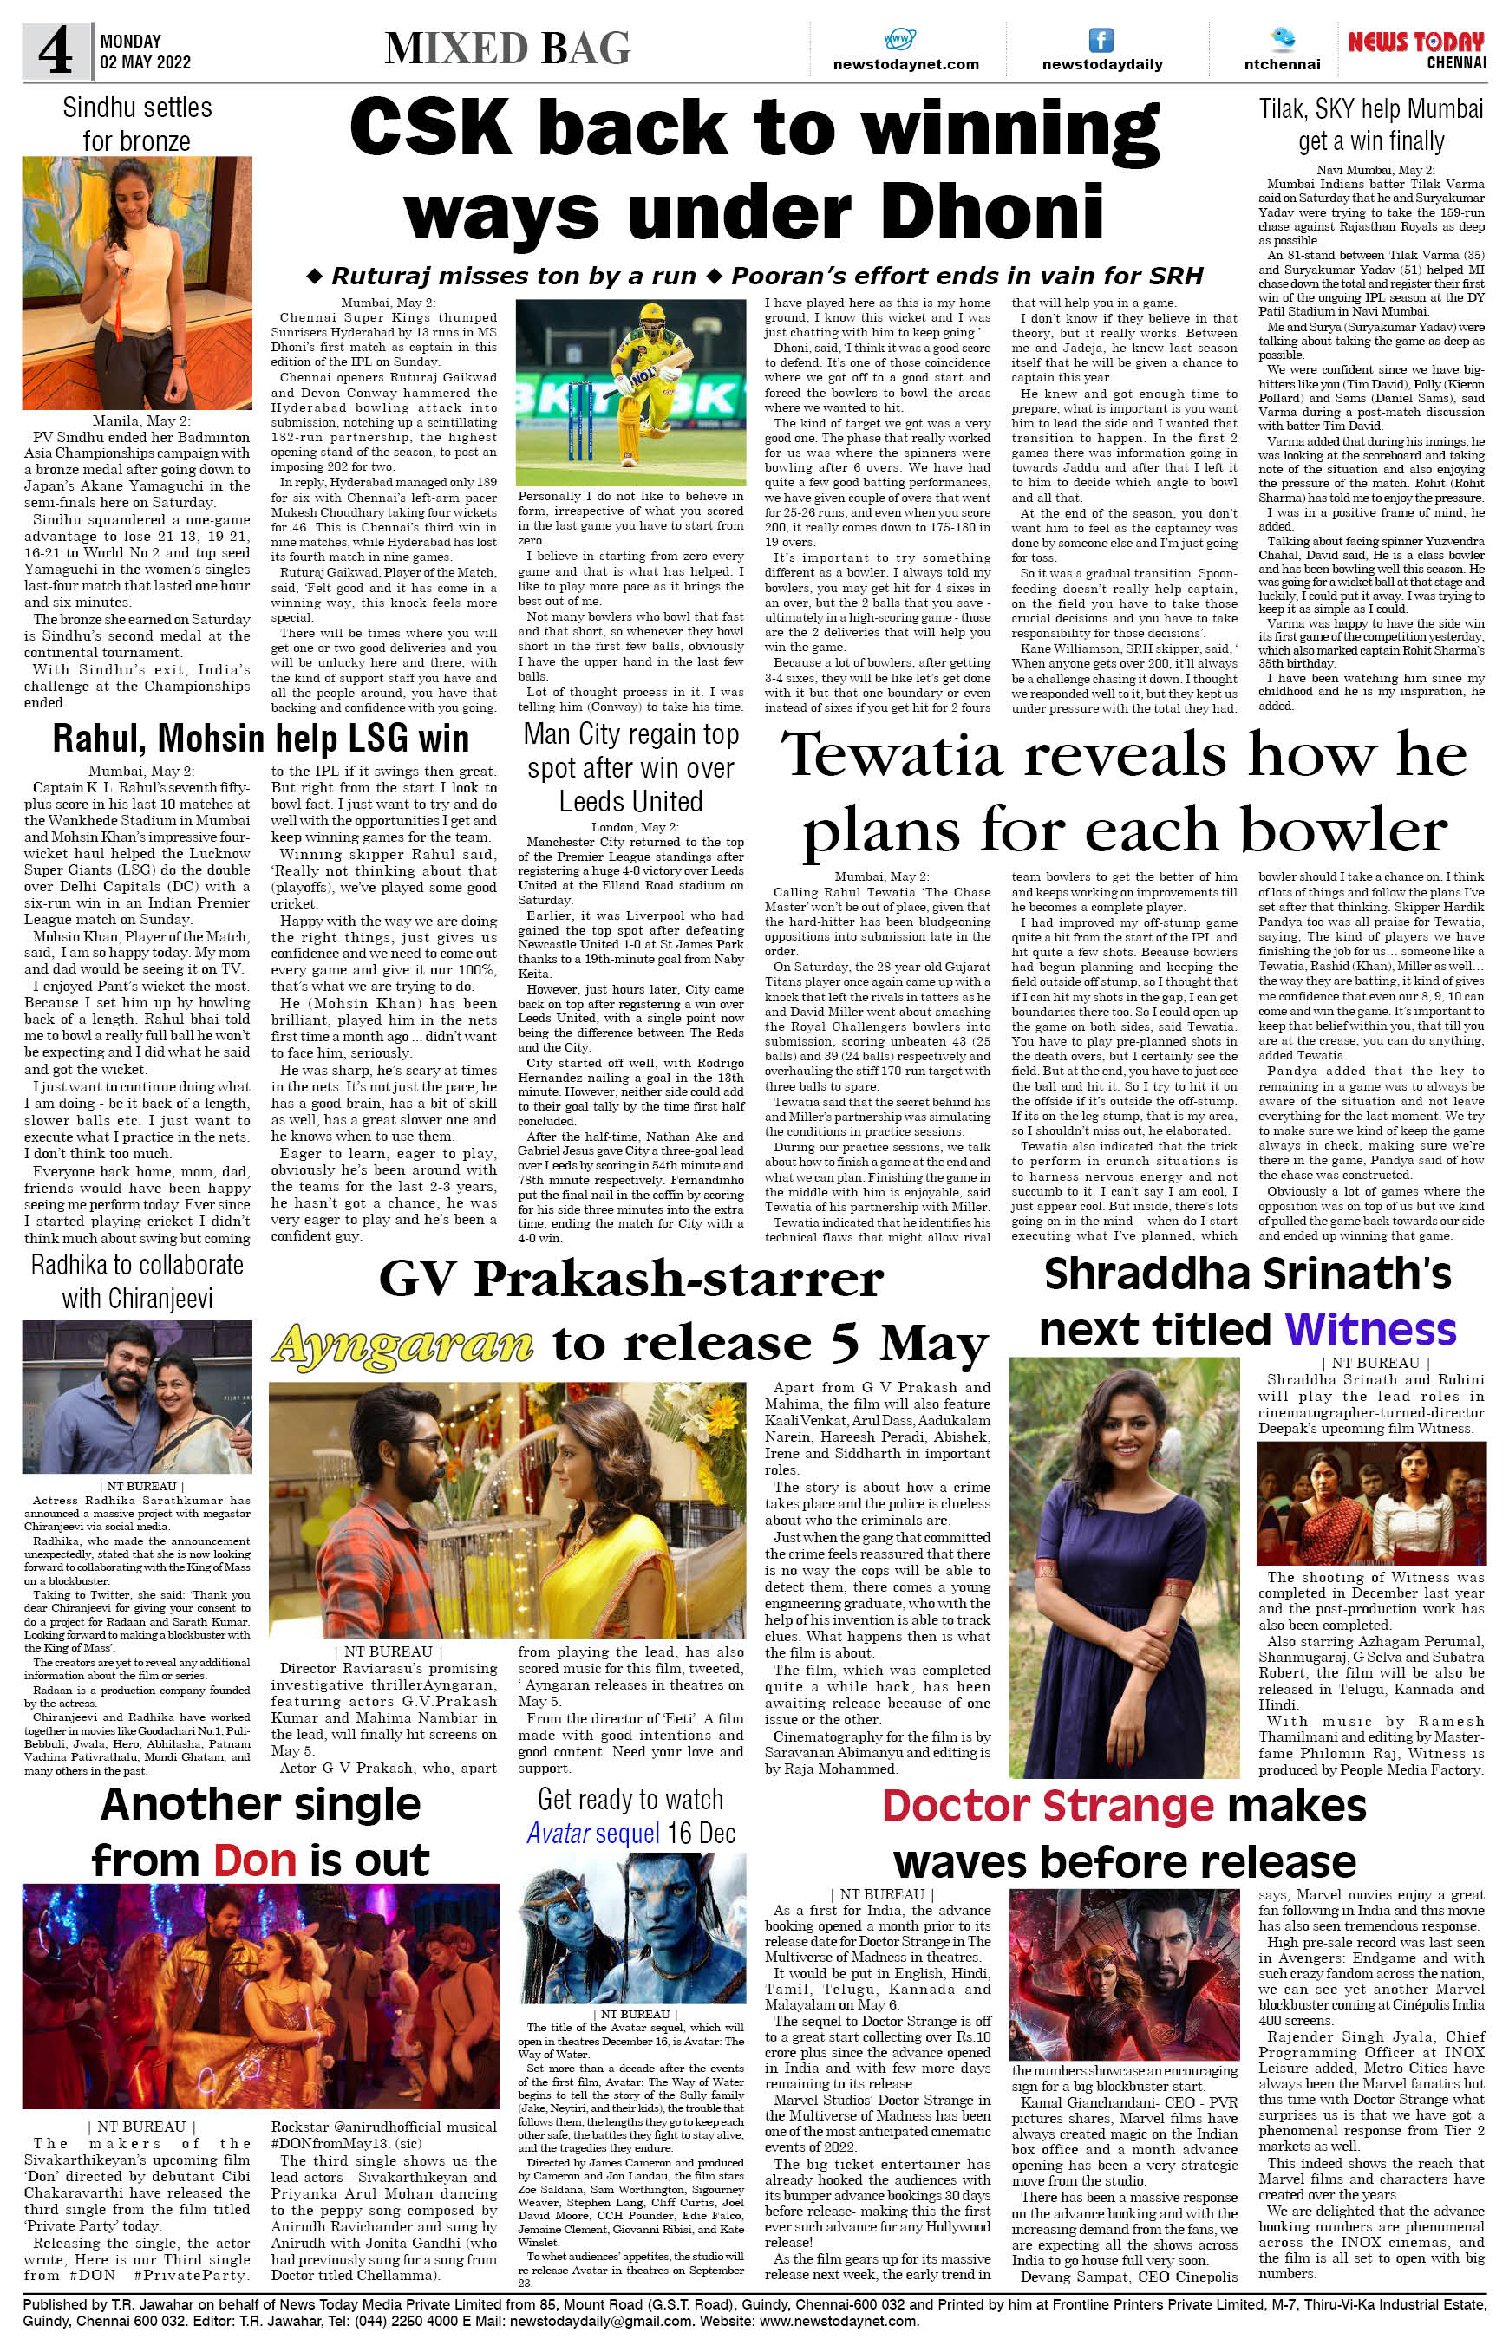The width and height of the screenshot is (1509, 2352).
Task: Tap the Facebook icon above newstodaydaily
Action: point(1101,40)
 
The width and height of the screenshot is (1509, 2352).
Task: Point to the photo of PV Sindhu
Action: point(137,283)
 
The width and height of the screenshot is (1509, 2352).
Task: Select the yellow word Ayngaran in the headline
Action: point(402,1343)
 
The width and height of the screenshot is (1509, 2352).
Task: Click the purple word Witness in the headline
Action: point(1370,1329)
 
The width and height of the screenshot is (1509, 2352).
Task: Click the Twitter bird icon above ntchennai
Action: point(1282,39)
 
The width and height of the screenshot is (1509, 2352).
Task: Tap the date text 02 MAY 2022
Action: point(145,62)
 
